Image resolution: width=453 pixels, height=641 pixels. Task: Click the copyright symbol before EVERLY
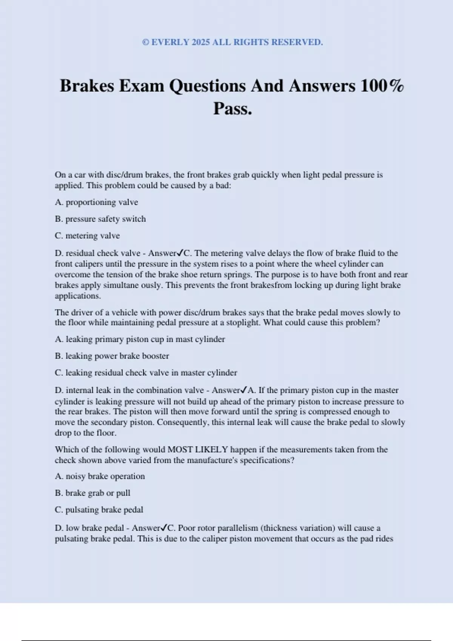pos(146,42)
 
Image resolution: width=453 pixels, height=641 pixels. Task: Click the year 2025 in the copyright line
pos(200,42)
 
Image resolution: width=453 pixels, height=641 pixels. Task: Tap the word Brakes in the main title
pos(87,86)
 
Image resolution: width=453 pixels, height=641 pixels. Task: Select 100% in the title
pos(382,86)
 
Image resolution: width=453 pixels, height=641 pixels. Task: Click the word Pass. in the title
pos(233,109)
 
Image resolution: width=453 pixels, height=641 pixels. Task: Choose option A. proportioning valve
pos(96,202)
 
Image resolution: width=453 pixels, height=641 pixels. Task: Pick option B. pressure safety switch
pos(100,219)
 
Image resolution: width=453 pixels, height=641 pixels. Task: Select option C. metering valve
pos(87,236)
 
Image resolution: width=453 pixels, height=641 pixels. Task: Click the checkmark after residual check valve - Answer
pos(180,253)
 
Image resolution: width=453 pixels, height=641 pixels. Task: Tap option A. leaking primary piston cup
pos(140,339)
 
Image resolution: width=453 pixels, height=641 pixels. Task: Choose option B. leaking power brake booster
pos(112,356)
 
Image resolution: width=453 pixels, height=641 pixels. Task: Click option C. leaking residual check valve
pos(146,373)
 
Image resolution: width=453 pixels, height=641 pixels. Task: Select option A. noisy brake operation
pos(100,476)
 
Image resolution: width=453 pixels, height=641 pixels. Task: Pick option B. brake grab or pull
pos(92,493)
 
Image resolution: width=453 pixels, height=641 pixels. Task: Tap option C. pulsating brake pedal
pos(99,510)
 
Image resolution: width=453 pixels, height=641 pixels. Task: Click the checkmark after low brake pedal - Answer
pos(164,528)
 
